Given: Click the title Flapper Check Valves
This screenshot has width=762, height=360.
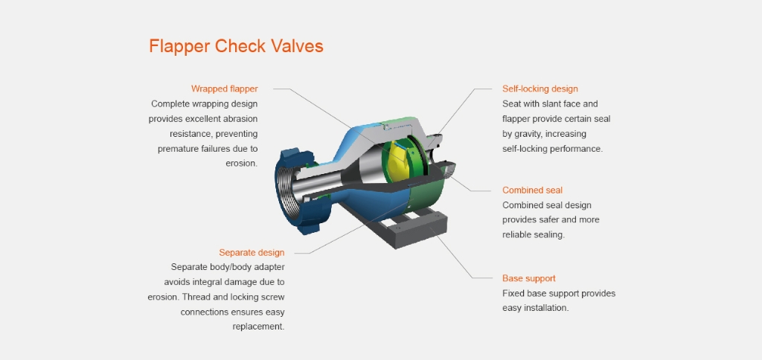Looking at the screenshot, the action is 236,46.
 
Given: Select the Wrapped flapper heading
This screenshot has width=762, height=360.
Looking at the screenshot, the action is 225,89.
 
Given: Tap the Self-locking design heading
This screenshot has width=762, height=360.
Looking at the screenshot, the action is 540,89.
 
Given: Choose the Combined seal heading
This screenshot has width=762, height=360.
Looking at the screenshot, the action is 532,190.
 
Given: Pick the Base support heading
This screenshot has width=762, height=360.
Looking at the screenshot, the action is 529,278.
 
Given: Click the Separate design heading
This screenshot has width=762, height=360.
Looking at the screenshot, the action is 252,253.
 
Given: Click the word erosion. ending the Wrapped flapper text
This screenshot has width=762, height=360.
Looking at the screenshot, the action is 242,163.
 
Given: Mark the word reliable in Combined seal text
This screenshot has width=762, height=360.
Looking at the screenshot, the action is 516,234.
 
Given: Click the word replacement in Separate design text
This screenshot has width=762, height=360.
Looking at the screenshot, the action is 258,327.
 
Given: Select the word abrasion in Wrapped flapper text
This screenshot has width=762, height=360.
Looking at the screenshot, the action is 240,118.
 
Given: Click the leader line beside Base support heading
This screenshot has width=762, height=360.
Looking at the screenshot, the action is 487,278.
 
